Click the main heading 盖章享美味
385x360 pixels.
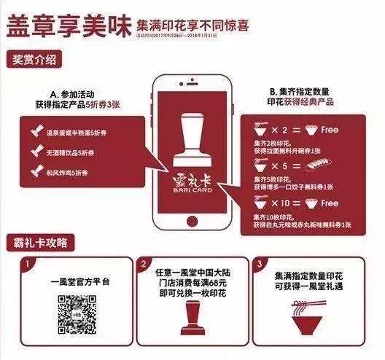click(67, 26)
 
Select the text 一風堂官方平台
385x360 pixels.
click(67, 279)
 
